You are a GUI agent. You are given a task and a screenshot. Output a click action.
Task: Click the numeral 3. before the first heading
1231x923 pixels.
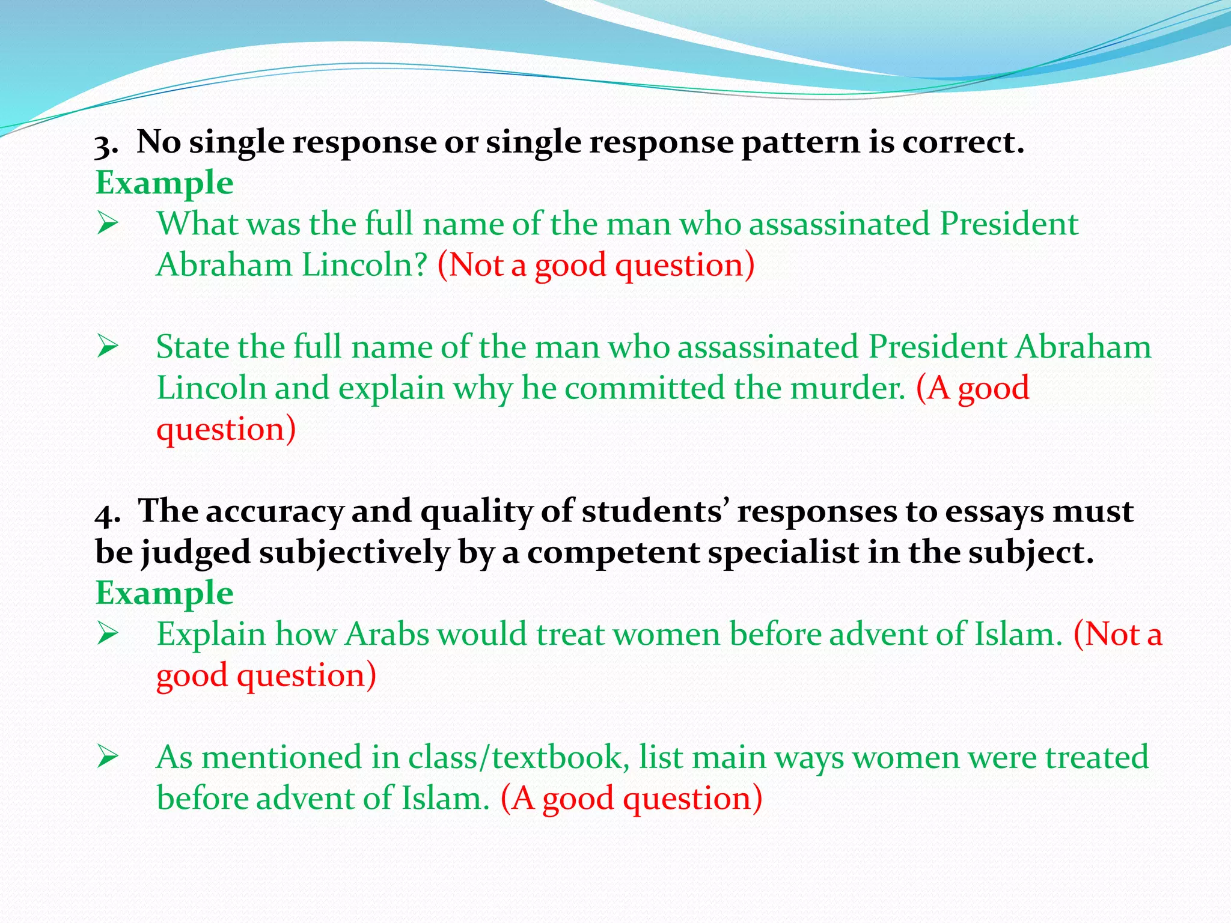click(106, 146)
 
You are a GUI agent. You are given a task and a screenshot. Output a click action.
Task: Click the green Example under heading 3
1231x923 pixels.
click(164, 183)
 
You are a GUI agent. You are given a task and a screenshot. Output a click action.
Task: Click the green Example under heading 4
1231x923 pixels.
click(164, 594)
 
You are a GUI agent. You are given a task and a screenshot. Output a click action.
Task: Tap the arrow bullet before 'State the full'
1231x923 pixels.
click(108, 347)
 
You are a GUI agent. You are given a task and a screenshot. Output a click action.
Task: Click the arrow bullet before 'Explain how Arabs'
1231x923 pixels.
click(108, 635)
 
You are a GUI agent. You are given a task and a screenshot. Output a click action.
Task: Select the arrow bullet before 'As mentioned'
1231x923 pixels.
click(108, 758)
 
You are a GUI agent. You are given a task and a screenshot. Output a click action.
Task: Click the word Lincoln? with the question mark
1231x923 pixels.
click(364, 265)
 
